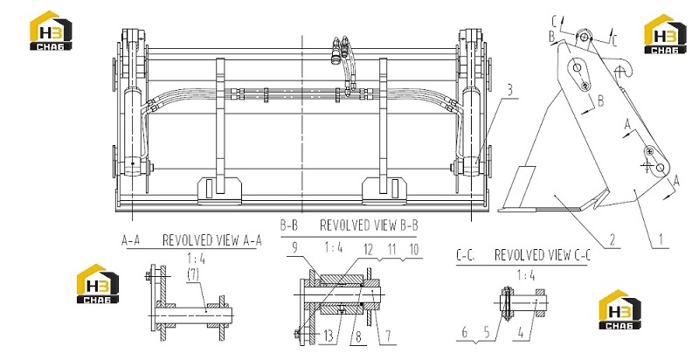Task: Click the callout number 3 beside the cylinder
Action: click(x=509, y=90)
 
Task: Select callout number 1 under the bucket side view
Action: click(x=661, y=240)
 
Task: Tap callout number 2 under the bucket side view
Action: click(x=612, y=240)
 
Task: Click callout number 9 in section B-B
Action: click(x=294, y=248)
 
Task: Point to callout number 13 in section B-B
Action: click(x=329, y=336)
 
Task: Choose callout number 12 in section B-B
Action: click(x=368, y=250)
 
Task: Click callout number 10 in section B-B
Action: click(x=414, y=250)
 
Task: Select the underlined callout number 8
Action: click(x=359, y=336)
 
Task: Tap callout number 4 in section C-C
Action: click(x=521, y=332)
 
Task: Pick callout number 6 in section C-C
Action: click(x=465, y=332)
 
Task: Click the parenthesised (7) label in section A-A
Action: click(x=193, y=274)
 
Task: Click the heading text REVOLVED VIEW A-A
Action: click(x=211, y=240)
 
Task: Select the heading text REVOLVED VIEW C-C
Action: click(x=543, y=255)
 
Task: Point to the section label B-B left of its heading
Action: click(x=288, y=225)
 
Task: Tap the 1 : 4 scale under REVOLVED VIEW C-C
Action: click(x=526, y=276)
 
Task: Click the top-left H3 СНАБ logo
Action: click(x=51, y=31)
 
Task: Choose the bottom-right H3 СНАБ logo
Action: click(x=619, y=309)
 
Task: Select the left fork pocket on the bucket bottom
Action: click(x=219, y=190)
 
